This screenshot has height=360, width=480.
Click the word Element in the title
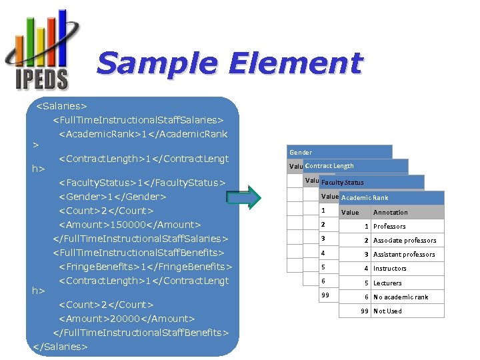295,64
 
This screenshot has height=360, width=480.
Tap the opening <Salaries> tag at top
61,106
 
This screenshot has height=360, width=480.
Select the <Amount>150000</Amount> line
130,225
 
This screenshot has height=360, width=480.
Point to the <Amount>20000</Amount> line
127,319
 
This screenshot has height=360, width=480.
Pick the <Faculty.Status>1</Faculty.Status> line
143,183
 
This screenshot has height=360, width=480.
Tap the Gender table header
301,153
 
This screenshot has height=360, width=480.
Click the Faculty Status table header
342,182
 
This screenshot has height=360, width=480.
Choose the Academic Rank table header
365,197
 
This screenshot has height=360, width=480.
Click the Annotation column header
391,212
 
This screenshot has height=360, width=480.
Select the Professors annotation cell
389,227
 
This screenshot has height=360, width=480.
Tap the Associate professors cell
405,241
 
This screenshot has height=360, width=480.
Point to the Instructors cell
390,269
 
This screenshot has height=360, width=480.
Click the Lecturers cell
387,283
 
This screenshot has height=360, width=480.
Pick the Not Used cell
387,311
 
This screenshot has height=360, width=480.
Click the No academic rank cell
401,297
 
